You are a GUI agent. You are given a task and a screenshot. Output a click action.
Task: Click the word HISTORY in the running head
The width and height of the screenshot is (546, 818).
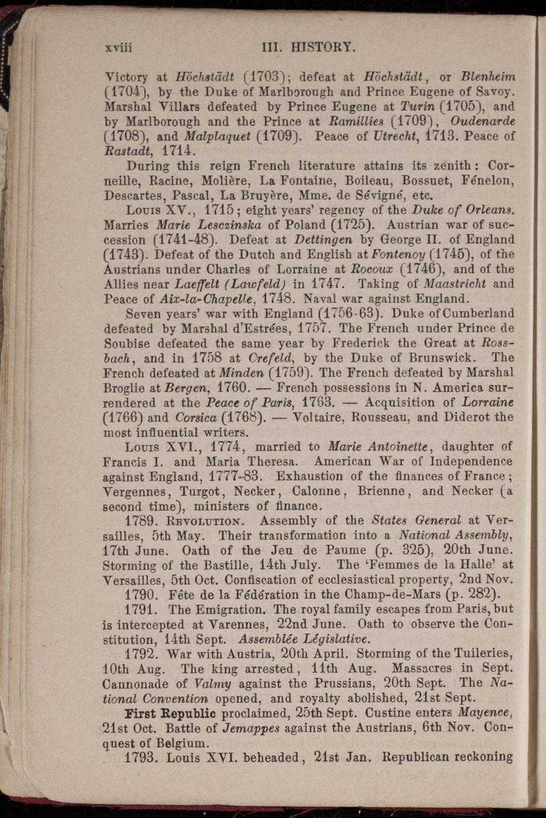pyautogui.click(x=320, y=46)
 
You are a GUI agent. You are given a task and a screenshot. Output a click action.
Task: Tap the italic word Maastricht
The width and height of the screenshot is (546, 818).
pyautogui.click(x=456, y=285)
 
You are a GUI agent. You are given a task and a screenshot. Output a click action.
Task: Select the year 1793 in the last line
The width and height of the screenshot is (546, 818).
pyautogui.click(x=142, y=757)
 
